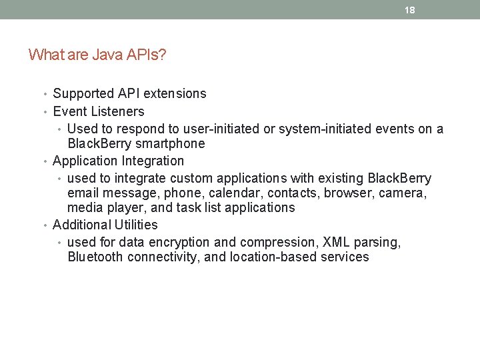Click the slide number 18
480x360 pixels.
click(x=410, y=10)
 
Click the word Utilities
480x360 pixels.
click(x=133, y=225)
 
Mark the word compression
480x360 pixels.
click(x=277, y=242)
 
